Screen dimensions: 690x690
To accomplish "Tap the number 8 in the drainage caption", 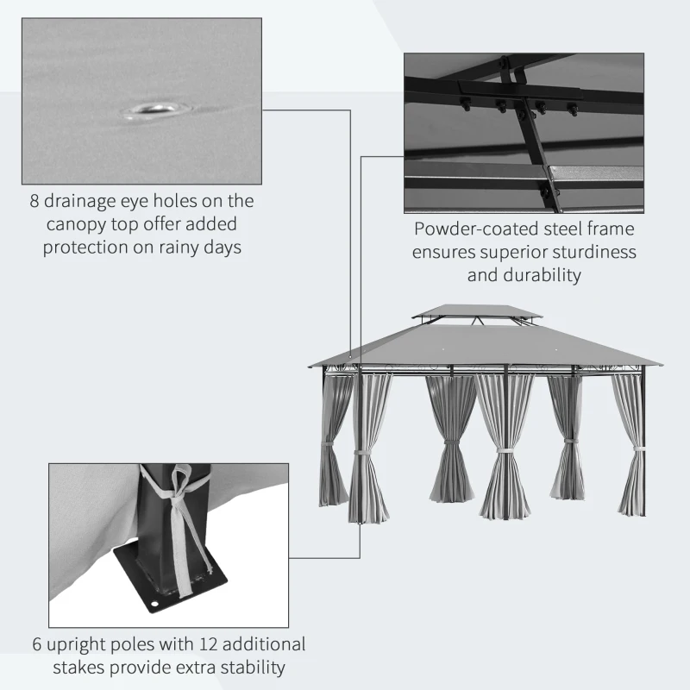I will pos(35,202).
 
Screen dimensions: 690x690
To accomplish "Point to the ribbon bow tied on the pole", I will pos(179,479).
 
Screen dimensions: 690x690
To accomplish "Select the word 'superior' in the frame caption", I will pos(515,253).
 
